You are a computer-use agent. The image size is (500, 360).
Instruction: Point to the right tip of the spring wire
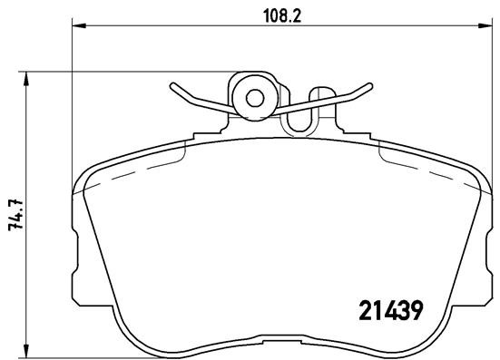[x=371, y=85]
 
